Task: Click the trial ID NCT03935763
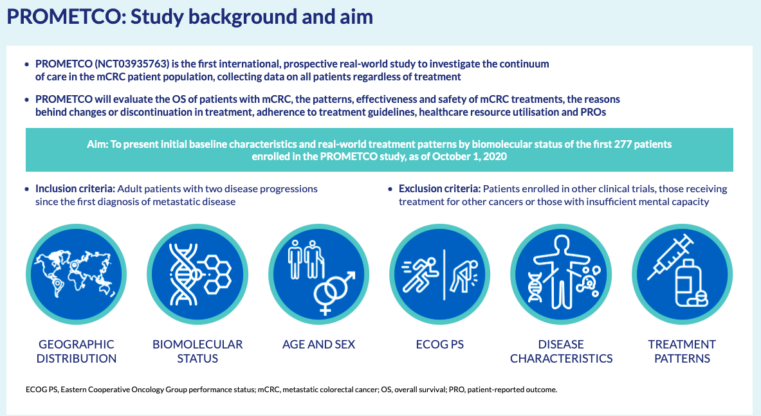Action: [x=132, y=64]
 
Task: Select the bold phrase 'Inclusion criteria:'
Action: [x=75, y=189]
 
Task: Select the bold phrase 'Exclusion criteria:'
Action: [x=440, y=189]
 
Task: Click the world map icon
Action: [x=76, y=274]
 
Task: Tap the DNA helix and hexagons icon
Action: [x=197, y=275]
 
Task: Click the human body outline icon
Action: [x=562, y=271]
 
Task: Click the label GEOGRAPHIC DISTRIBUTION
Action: [x=76, y=352]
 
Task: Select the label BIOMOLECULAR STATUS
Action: [x=197, y=352]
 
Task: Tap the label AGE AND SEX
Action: [x=319, y=345]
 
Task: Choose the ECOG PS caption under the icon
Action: [x=440, y=345]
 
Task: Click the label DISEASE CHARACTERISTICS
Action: [x=561, y=352]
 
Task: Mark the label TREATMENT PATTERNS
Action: [x=682, y=352]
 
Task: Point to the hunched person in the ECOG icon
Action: [x=464, y=276]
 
